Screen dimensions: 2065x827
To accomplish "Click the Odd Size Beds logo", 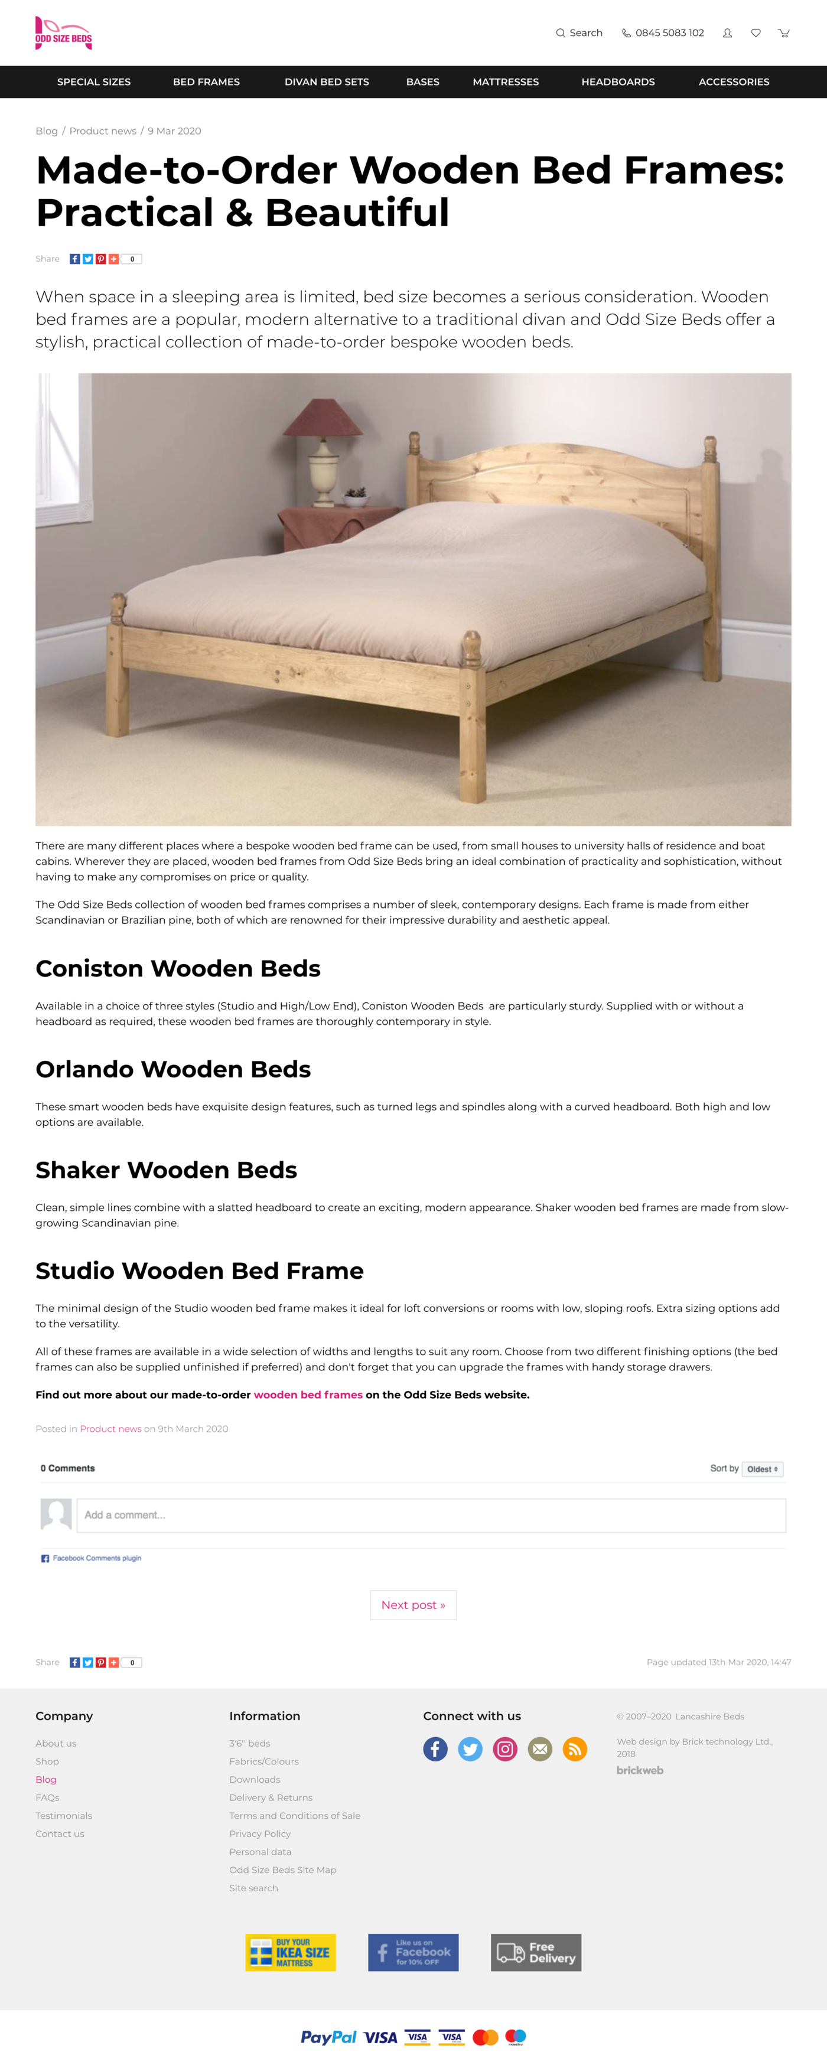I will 63,34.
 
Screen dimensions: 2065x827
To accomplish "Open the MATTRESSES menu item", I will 506,82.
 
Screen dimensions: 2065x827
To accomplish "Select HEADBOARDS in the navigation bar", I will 618,82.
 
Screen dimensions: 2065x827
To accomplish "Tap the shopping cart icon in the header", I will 784,33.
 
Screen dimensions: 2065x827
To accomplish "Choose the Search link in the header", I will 579,33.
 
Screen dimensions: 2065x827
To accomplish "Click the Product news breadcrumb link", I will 103,131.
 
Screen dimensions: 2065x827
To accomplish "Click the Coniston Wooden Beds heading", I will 178,968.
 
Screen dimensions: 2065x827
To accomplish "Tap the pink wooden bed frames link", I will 308,1395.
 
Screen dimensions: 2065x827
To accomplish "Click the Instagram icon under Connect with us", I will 505,1749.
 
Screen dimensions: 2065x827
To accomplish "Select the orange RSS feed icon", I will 575,1749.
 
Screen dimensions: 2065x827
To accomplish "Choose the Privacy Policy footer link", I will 260,1834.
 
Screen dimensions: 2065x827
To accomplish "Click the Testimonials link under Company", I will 63,1816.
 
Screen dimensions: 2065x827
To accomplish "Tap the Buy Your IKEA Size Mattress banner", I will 290,1953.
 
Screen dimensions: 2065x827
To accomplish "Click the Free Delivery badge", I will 536,1953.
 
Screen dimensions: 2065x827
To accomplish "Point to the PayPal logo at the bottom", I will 328,2037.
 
